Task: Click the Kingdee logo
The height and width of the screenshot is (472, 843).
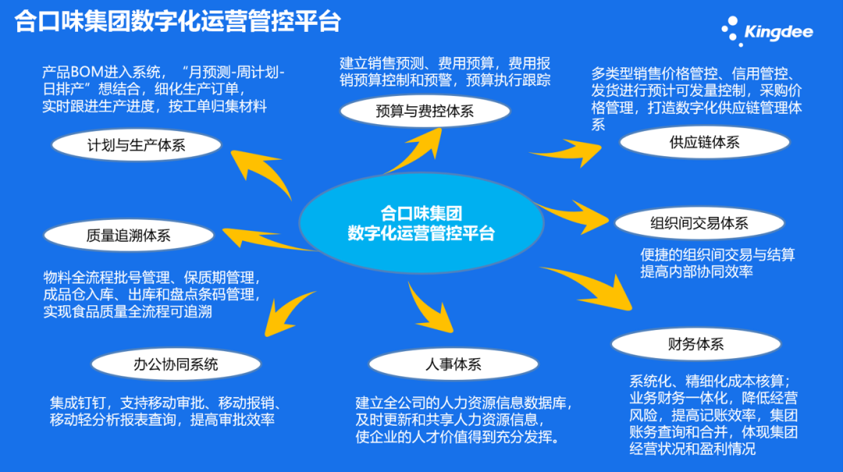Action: (768, 30)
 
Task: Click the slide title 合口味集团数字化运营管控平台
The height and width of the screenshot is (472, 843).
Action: (178, 21)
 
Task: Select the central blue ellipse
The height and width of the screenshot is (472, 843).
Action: (421, 222)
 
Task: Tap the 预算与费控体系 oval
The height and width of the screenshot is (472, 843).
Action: (425, 111)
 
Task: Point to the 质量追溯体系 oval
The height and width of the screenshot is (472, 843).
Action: (129, 235)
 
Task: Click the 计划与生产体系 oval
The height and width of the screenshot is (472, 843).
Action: (137, 144)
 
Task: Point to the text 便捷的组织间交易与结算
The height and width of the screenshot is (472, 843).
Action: (717, 255)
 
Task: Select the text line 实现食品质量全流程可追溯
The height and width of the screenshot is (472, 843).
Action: (128, 312)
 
